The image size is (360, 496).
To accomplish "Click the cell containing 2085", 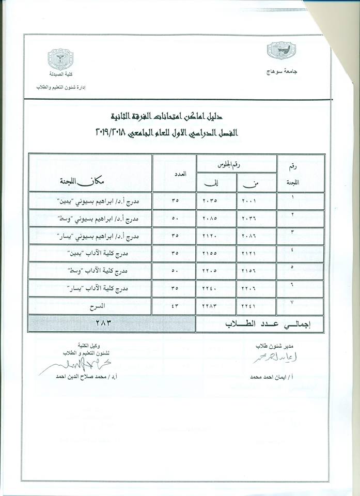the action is pyautogui.click(x=215, y=218).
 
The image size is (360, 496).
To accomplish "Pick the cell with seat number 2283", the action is pyautogui.click(x=214, y=305).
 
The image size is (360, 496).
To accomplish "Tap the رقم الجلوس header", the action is pyautogui.click(x=236, y=163).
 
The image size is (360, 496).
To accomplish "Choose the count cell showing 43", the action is pyautogui.click(x=175, y=305).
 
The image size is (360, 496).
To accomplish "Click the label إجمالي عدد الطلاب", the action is pyautogui.click(x=256, y=324).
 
